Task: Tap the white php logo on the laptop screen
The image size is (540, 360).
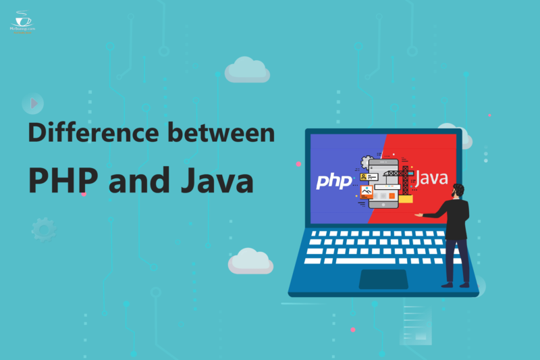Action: (334, 181)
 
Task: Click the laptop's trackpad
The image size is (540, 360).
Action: (383, 278)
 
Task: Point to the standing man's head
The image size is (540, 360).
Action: (459, 191)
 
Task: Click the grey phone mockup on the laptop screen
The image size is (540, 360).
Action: (385, 182)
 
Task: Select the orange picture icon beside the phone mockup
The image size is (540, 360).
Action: (367, 192)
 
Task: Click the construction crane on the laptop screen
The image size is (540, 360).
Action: (404, 177)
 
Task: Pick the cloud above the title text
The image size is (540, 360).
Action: (247, 69)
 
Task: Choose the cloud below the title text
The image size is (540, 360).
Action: (250, 260)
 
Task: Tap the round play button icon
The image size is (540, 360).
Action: (32, 103)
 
